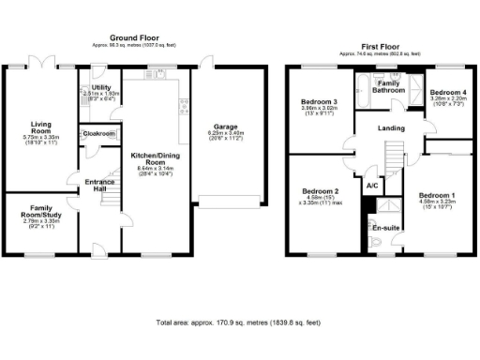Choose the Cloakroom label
click(98, 134)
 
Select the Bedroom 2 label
click(320, 191)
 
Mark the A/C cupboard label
click(372, 186)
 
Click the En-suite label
click(384, 228)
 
